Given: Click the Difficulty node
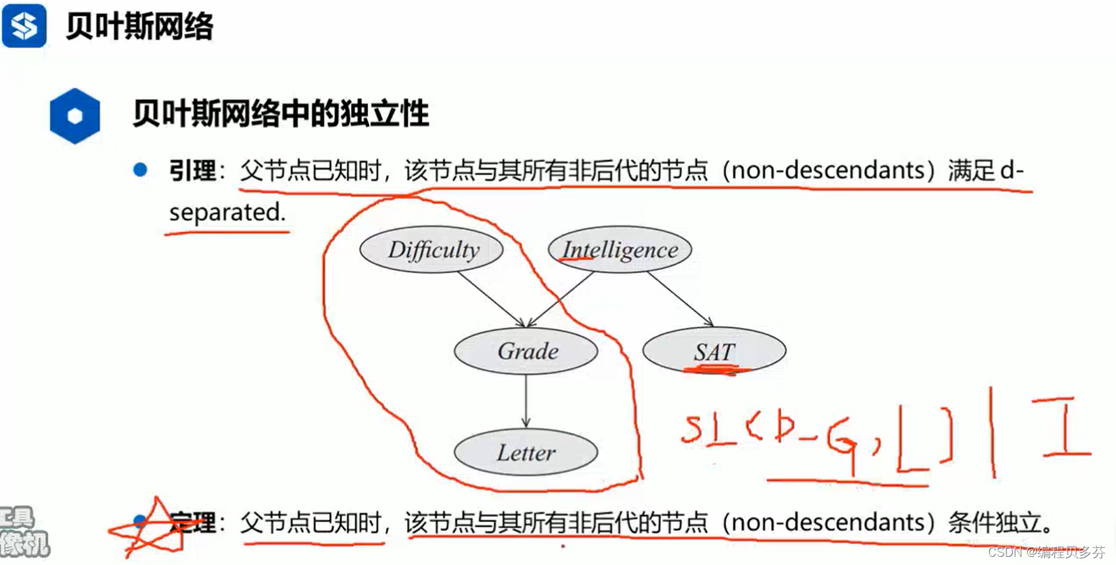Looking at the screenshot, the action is pyautogui.click(x=432, y=250).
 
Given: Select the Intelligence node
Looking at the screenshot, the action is pyautogui.click(x=620, y=250).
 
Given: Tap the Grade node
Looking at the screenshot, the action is pyautogui.click(x=526, y=352).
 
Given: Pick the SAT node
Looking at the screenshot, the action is pyautogui.click(x=714, y=351).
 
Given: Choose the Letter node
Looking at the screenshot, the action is pyautogui.click(x=526, y=452).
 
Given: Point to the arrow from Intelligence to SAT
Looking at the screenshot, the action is pyautogui.click(x=679, y=299).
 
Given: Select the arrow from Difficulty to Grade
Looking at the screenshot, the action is pyautogui.click(x=491, y=299).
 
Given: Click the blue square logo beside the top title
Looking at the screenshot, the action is pyautogui.click(x=25, y=26).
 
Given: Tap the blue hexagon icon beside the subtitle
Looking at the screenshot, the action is pyautogui.click(x=75, y=116).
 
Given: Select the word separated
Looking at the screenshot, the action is pyautogui.click(x=226, y=212).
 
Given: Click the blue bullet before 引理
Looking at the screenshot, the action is pyautogui.click(x=140, y=170).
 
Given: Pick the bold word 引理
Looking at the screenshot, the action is pyautogui.click(x=192, y=170).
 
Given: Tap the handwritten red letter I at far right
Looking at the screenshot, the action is pyautogui.click(x=1065, y=427).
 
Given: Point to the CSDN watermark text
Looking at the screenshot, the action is pyautogui.click(x=1046, y=551).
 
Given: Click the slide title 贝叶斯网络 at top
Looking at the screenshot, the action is pyautogui.click(x=140, y=27).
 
